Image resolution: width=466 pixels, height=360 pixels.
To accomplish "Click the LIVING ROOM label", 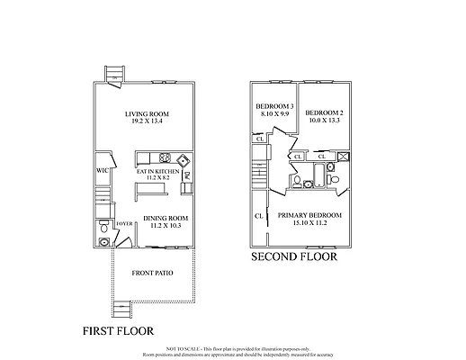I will point(148,114).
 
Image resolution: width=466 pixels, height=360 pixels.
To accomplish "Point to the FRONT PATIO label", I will point(153,272).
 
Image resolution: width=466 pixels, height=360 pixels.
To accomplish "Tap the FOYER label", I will point(124,224).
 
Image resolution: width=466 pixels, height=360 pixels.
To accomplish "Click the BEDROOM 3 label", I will point(273,106).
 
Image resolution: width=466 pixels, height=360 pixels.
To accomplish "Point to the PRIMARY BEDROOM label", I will point(310,215).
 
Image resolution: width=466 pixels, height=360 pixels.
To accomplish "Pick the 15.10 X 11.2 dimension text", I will point(310,223).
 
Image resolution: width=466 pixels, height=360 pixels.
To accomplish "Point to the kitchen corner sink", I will point(183,162).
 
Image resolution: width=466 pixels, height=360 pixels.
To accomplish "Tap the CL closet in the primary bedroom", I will point(259,216).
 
